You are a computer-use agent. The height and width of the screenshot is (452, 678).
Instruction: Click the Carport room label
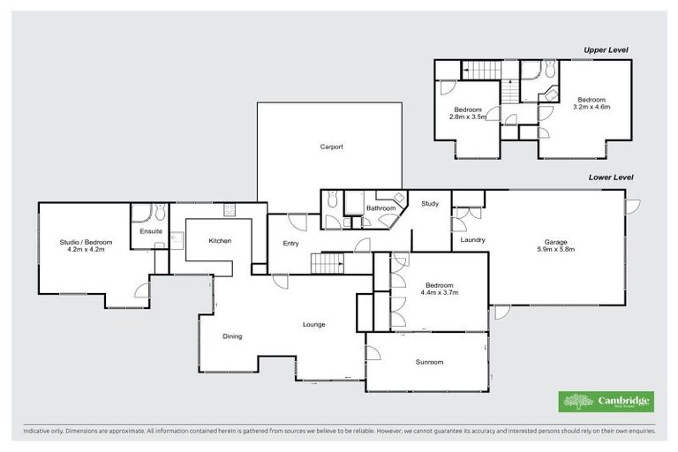331,147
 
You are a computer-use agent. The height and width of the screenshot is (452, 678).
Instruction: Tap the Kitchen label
220,240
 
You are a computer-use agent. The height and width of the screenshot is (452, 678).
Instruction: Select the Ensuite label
151,231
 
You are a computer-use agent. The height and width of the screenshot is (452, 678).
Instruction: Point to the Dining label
232,335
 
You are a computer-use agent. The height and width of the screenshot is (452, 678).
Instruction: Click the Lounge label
314,324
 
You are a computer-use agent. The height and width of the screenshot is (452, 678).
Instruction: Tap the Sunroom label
429,362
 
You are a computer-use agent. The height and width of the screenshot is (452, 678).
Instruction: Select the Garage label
555,242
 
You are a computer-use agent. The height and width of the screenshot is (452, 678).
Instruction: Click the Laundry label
473,239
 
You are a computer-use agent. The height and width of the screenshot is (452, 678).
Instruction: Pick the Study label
430,204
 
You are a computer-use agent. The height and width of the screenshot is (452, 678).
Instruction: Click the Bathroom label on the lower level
381,208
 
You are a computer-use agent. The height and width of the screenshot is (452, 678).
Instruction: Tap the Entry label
290,244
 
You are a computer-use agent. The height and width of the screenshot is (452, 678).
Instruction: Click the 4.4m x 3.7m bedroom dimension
440,292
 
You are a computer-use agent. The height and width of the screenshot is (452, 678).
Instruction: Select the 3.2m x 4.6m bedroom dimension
591,106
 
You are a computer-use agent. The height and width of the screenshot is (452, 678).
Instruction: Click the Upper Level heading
606,50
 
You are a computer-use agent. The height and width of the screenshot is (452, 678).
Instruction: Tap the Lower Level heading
611,177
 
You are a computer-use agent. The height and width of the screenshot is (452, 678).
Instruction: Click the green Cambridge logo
606,401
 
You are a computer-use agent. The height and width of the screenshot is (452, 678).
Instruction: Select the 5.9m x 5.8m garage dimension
555,249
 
